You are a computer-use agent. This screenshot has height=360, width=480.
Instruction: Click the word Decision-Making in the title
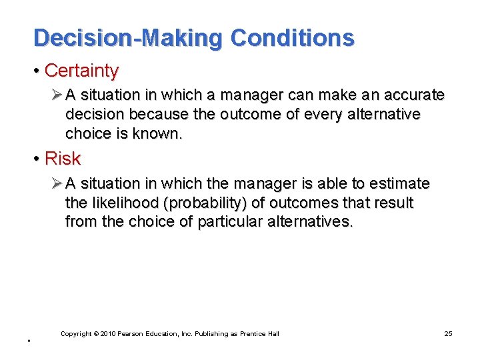(127, 38)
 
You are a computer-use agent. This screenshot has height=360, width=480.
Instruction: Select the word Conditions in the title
(292, 38)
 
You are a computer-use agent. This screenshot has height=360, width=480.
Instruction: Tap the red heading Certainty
(81, 71)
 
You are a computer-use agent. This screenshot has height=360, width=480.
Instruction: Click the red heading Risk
(62, 159)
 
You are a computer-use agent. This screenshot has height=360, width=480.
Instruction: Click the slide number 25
(448, 333)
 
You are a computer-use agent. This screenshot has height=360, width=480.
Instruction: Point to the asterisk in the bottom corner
(29, 342)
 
